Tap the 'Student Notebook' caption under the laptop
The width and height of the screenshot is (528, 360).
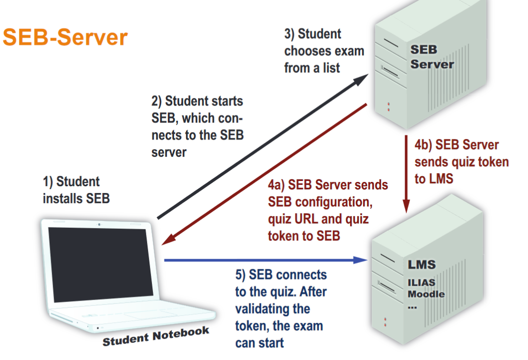point(156,336)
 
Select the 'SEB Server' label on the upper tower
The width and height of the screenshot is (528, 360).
point(432,57)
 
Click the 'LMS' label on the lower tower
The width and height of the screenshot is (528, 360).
point(421,264)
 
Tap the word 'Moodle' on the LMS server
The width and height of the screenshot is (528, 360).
point(426,294)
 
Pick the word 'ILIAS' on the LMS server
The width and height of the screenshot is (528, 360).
point(421,283)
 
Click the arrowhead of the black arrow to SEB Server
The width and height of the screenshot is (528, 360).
point(363,78)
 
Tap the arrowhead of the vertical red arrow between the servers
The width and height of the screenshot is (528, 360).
point(406,207)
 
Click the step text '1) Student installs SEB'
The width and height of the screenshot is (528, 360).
point(76,190)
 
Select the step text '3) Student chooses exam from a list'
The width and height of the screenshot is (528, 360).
point(323,51)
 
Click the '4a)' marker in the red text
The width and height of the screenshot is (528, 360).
point(277,185)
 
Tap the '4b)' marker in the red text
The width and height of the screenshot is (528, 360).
point(423,145)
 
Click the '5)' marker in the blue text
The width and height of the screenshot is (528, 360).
point(241,276)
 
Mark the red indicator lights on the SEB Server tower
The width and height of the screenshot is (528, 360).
point(388,106)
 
